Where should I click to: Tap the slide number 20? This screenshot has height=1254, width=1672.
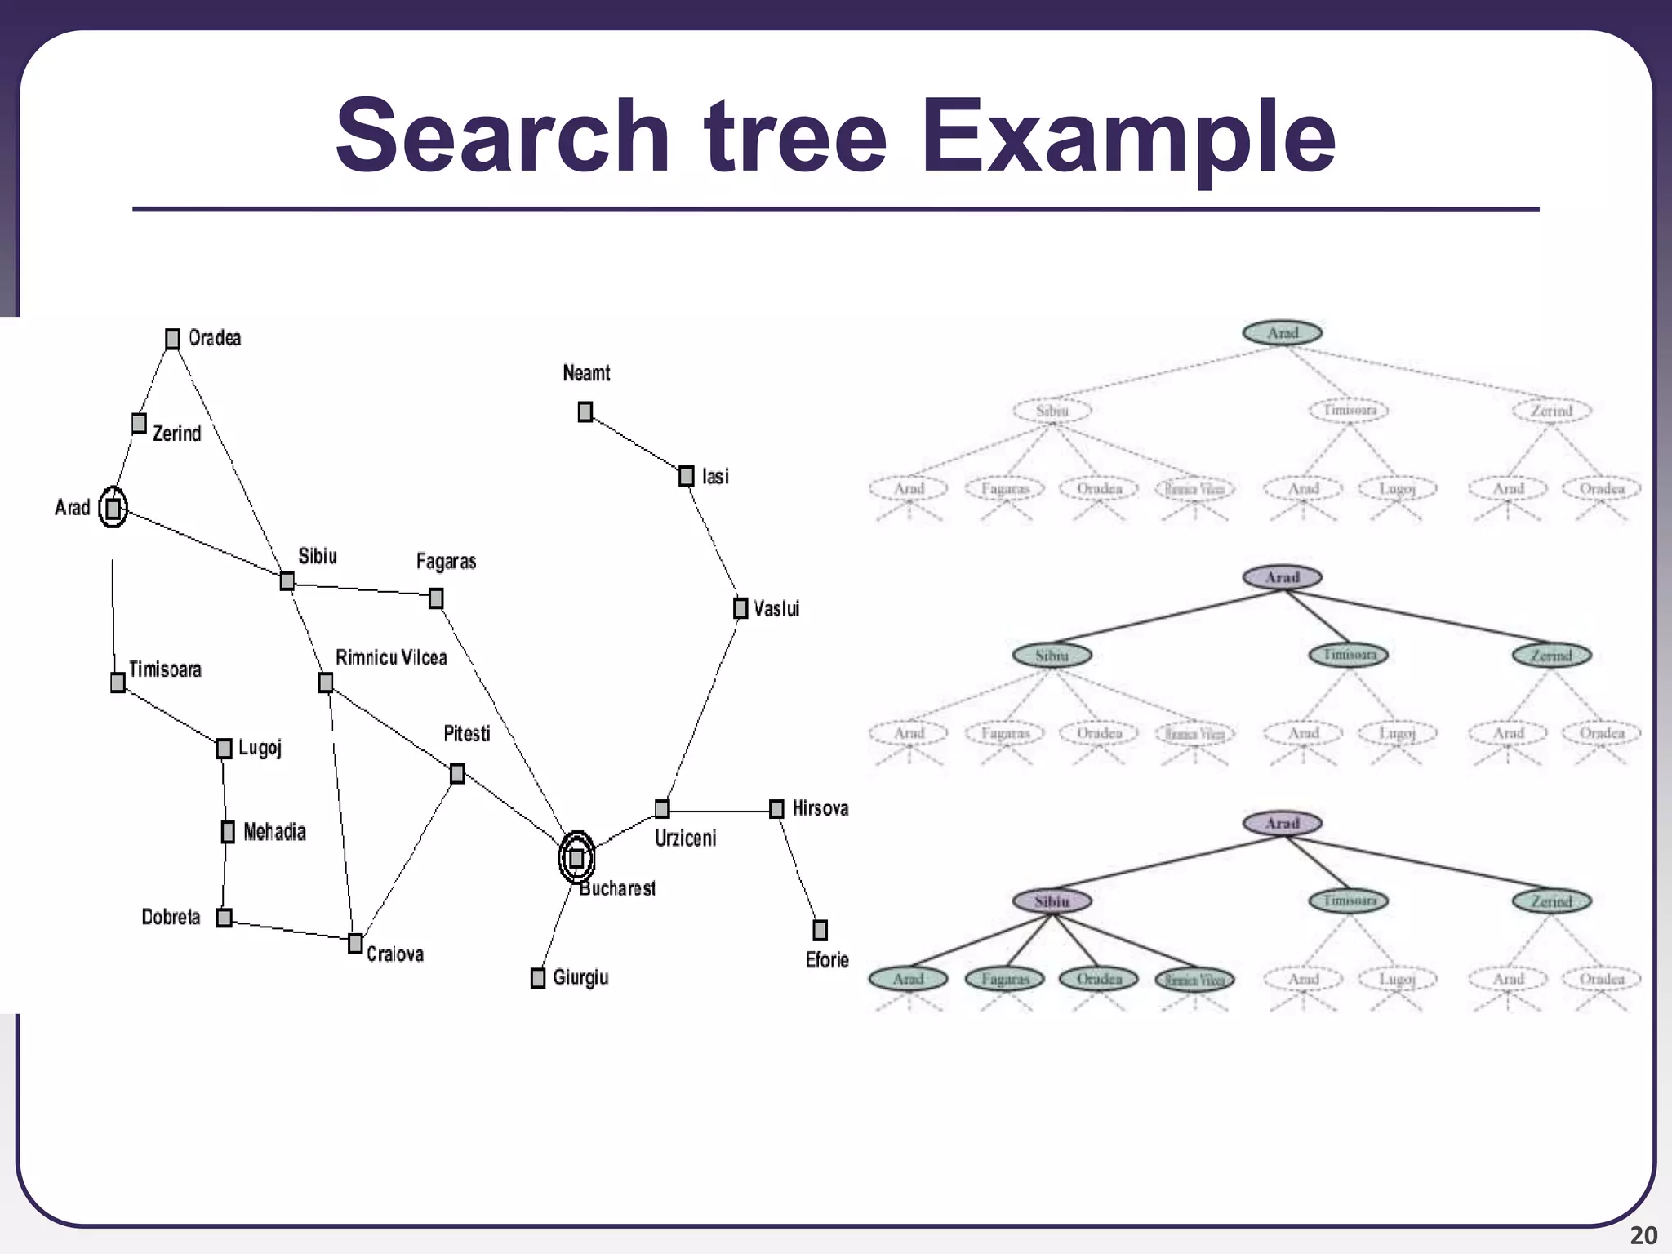click(1643, 1235)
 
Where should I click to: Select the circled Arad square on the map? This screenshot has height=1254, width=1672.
click(113, 508)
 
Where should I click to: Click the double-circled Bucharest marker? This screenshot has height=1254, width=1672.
click(576, 857)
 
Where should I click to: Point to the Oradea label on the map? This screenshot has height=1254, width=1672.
click(215, 338)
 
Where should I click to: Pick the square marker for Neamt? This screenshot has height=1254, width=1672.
click(585, 412)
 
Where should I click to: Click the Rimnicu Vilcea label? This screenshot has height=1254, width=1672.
click(391, 658)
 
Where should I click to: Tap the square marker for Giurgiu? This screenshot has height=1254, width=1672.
click(538, 977)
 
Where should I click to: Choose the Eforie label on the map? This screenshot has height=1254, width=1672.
click(827, 960)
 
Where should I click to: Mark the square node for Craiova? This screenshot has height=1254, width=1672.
click(355, 944)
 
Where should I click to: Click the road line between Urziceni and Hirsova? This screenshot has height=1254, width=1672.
click(718, 811)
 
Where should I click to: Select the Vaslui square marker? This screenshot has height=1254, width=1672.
click(740, 608)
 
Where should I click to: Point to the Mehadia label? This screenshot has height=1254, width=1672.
click(274, 832)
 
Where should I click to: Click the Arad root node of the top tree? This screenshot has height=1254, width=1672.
click(1282, 332)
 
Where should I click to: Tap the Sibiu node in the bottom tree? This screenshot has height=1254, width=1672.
click(1052, 901)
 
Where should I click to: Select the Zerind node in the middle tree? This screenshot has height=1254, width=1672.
click(1551, 656)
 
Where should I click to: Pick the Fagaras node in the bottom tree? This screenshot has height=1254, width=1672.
click(1004, 978)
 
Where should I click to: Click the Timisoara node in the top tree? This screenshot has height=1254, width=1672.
click(1349, 410)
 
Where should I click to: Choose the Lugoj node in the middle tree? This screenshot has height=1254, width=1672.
click(1397, 733)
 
